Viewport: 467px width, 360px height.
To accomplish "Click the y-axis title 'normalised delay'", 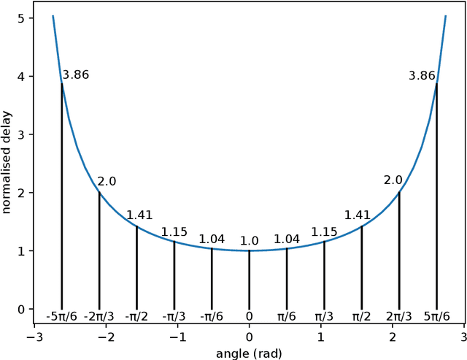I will pos(7,163).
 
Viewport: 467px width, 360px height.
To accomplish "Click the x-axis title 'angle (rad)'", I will pos(249,353).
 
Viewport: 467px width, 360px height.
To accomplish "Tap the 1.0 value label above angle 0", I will pos(250,241).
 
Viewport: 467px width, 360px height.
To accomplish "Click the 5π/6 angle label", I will pos(437,316).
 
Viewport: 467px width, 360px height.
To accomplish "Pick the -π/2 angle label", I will pos(136,316).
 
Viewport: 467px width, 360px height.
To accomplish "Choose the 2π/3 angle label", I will pos(399,316).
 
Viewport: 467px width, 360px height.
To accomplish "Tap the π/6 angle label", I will pos(287,316).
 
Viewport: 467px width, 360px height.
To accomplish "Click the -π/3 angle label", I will pos(174,316).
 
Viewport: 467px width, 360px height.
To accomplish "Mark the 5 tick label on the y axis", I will pos(20,18).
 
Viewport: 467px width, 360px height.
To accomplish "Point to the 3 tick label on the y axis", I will pos(20,134).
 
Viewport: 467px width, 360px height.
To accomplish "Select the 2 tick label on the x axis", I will pos(393,337).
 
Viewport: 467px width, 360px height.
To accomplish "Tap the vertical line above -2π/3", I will pos(99,248).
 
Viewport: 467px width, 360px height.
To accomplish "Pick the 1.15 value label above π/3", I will pos(324,232).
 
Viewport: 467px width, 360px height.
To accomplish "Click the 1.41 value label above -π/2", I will pos(139,215).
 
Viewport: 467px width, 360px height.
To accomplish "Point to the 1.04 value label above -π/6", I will pos(212,239).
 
